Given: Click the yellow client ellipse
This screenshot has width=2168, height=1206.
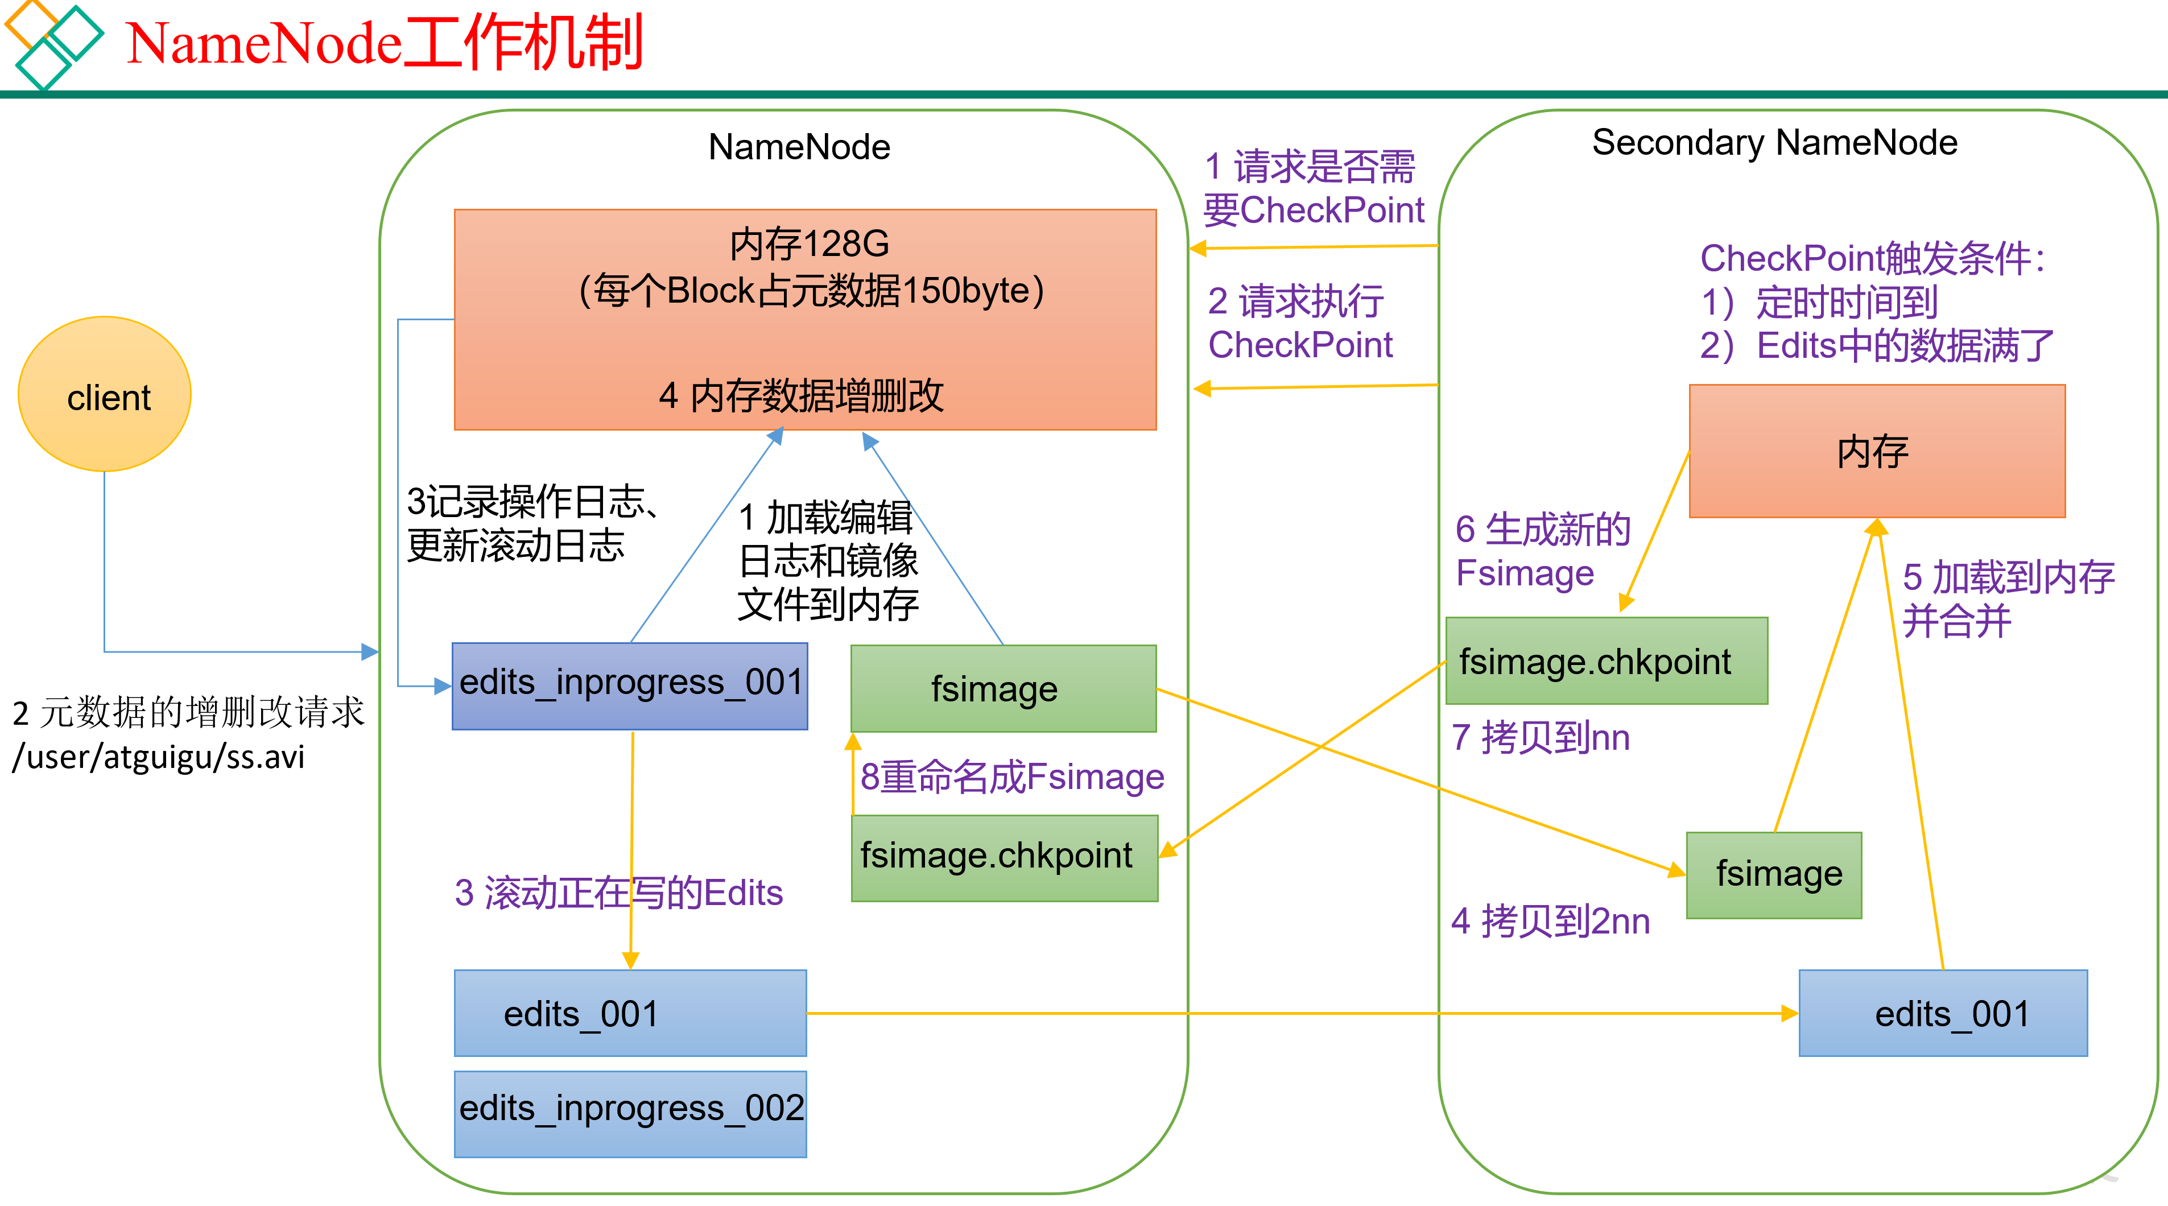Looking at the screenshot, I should click(104, 394).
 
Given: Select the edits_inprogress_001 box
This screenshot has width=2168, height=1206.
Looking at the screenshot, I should click(630, 686).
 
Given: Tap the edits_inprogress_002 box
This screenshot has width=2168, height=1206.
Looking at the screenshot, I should click(630, 1113).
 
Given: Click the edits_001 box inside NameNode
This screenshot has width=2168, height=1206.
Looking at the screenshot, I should click(630, 1013).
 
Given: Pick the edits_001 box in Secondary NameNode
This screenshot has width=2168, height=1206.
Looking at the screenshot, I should click(1943, 1013).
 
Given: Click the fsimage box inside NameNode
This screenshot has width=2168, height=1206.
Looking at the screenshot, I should click(1003, 688).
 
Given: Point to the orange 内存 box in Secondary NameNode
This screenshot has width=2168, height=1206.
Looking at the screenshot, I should click(1877, 451).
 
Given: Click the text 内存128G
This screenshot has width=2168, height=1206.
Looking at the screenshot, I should click(809, 244).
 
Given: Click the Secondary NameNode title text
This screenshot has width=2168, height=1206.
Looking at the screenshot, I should click(1774, 143).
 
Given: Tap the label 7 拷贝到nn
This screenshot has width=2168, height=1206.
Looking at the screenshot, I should click(1540, 737).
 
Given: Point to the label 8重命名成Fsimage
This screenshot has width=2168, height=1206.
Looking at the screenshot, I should click(1011, 776).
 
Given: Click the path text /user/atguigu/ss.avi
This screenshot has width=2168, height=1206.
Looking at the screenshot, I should click(158, 757).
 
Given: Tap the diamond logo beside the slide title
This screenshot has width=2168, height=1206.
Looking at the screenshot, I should click(52, 44).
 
